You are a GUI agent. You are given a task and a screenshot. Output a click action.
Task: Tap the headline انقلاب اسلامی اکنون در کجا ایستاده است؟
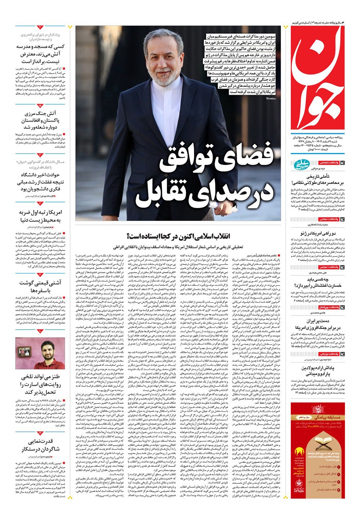tap(178, 236)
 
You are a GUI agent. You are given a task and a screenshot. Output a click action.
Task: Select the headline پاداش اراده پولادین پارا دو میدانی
tap(318, 371)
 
